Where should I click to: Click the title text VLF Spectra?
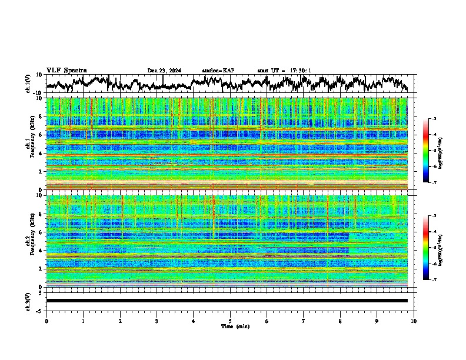[66, 71]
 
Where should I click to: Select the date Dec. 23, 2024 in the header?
[164, 71]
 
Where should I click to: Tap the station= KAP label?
[218, 71]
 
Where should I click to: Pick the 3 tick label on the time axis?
[157, 321]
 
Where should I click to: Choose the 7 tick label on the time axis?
[303, 321]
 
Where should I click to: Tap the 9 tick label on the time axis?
[377, 321]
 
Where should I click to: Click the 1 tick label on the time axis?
[83, 321]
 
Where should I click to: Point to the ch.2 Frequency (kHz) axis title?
[31, 241]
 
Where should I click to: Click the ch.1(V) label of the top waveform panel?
[28, 84]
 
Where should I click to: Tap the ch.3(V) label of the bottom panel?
[28, 301]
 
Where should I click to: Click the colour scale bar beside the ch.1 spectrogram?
[431, 151]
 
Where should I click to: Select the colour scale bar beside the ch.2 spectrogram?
[431, 248]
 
